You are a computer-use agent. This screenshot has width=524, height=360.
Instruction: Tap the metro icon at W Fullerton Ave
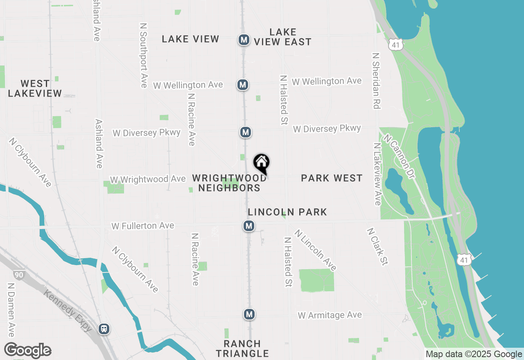click(x=248, y=225)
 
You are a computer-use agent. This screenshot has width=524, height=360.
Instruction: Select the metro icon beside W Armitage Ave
click(x=249, y=314)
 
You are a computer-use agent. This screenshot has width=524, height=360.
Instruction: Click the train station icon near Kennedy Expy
click(x=104, y=328)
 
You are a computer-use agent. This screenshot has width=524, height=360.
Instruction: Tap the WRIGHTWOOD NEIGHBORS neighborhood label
click(x=229, y=183)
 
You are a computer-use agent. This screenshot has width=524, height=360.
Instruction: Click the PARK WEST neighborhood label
click(x=332, y=178)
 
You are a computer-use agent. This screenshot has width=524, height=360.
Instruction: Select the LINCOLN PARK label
click(x=287, y=212)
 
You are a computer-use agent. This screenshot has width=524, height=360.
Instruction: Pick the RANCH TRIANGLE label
click(x=242, y=349)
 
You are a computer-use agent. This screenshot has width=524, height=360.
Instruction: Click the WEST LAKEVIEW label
click(x=35, y=88)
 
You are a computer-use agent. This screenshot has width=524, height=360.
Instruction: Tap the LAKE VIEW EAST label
click(x=283, y=37)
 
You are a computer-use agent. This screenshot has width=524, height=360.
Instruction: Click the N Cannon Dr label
click(x=399, y=156)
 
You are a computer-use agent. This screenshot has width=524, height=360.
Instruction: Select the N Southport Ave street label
click(x=144, y=55)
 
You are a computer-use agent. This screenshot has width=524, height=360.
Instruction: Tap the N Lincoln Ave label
click(x=315, y=250)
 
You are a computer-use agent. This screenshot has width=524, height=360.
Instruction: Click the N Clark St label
click(x=377, y=247)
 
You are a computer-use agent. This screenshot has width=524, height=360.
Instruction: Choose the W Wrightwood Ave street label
click(x=148, y=180)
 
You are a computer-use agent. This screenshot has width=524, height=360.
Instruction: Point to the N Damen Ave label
click(x=10, y=309)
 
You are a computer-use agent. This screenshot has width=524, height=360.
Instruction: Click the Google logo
click(x=27, y=351)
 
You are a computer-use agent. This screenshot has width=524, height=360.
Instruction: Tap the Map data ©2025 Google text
click(x=474, y=354)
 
